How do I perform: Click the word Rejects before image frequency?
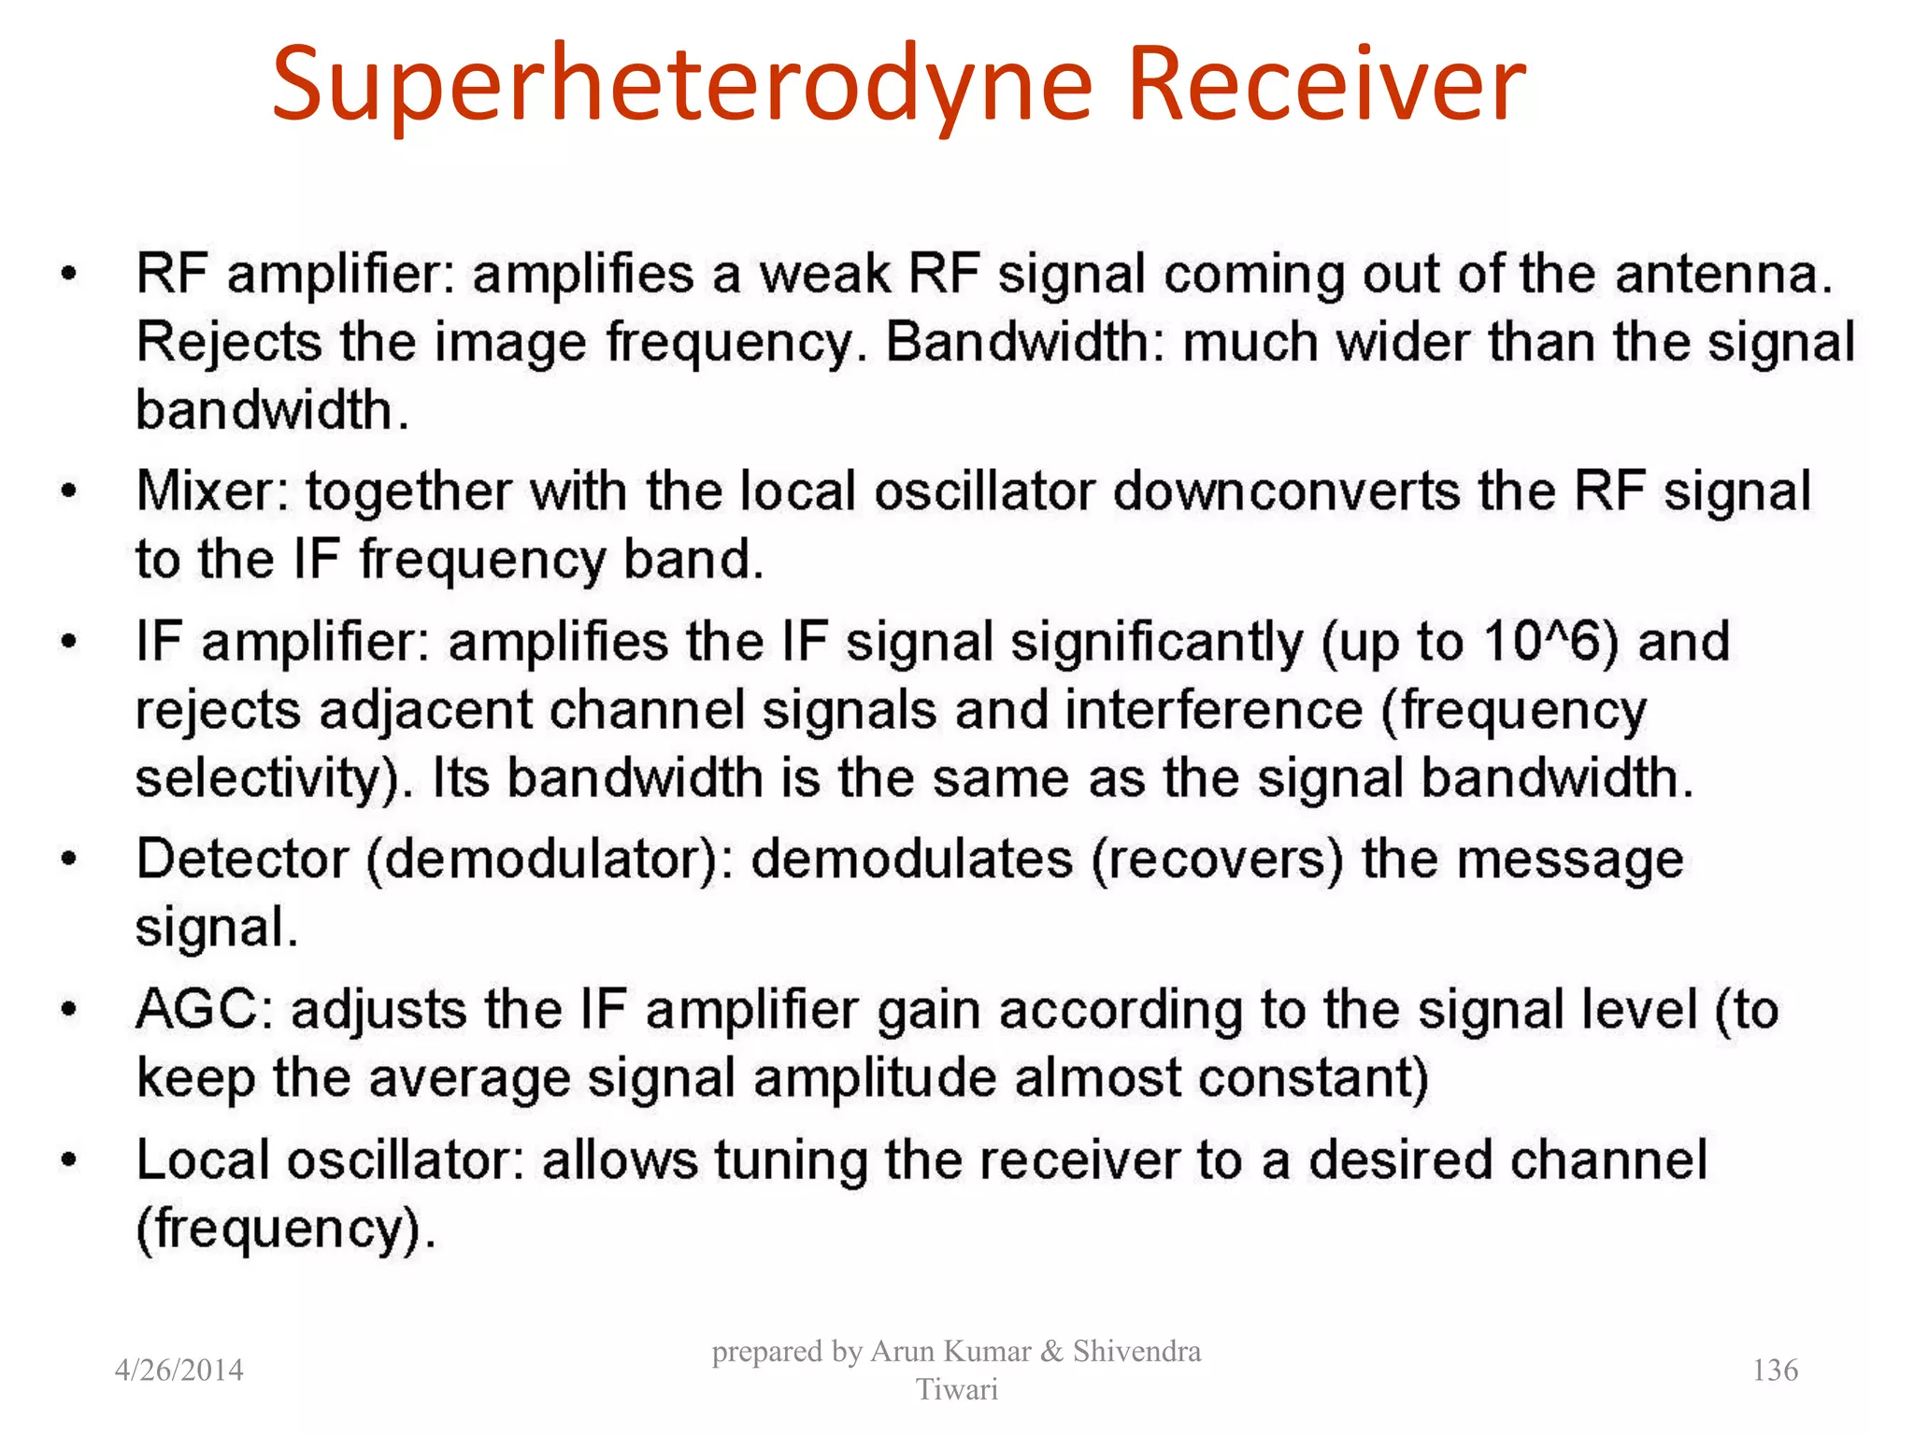point(229,342)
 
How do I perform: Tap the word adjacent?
point(426,710)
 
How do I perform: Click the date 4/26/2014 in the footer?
point(179,1370)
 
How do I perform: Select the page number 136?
point(1775,1370)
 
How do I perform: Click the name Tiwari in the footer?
point(957,1389)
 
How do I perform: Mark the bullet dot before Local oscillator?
point(68,1160)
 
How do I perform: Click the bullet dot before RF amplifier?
point(68,275)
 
